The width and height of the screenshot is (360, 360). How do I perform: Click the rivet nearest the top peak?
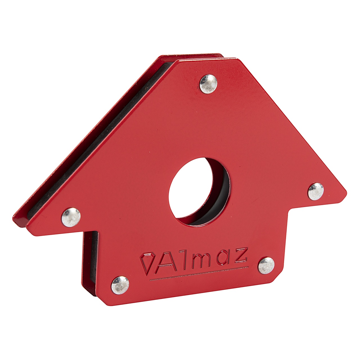click(208, 84)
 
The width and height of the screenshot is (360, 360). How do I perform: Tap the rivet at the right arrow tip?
click(316, 192)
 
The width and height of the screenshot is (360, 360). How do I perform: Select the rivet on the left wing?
click(71, 217)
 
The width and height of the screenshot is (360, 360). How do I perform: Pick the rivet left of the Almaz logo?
click(120, 285)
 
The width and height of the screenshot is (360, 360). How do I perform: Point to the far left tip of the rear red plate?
click(14, 218)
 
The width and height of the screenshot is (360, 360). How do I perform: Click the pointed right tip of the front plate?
click(345, 193)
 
